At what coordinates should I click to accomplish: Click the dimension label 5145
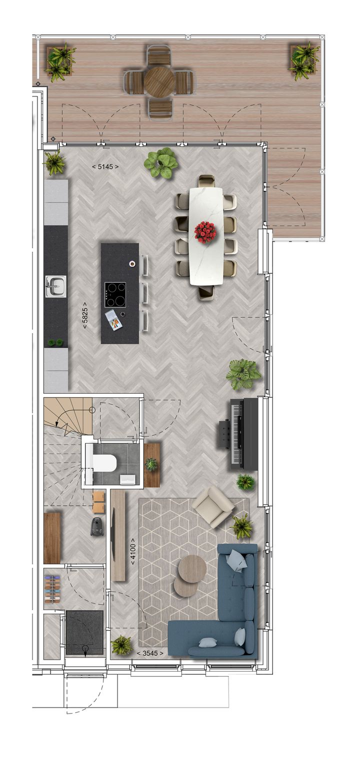point(105,166)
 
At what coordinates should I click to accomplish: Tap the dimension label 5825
point(85,315)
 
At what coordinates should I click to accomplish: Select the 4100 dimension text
point(132,551)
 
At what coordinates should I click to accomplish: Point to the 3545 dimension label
point(150,653)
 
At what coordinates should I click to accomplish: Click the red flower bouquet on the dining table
point(205,232)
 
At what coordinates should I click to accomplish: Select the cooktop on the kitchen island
point(115,294)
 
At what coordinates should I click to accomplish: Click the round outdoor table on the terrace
point(159,81)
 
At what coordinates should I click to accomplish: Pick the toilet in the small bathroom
point(104,464)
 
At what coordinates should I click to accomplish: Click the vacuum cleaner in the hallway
point(97,526)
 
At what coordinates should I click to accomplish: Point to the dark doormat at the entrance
point(84,632)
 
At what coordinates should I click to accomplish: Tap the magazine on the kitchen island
point(114,320)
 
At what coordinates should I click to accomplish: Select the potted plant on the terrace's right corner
point(304,60)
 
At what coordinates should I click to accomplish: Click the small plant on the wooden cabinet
point(151,464)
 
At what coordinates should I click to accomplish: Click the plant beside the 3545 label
point(122,645)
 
